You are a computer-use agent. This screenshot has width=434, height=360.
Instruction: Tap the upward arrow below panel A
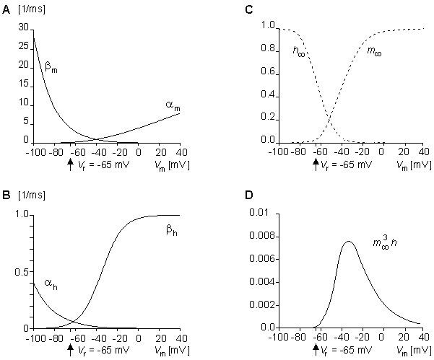[70, 164]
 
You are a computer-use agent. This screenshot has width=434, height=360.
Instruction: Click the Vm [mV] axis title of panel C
[415, 165]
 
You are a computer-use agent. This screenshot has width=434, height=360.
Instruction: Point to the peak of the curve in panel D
[348, 242]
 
